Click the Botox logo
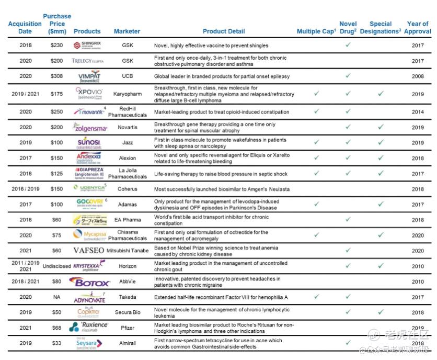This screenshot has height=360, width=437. [x=92, y=283]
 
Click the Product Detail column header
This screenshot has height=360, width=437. [x=224, y=31]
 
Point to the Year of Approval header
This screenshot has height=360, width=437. [x=418, y=27]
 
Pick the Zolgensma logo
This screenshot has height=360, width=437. [x=90, y=128]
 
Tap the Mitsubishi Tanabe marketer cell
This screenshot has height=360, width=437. [x=128, y=251]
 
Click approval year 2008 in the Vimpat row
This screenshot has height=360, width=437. [x=418, y=76]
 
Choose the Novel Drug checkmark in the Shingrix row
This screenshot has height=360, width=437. [x=348, y=46]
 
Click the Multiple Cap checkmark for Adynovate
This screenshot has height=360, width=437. [x=316, y=297]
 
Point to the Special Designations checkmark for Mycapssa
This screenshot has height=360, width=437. [x=381, y=235]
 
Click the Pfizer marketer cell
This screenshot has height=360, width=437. [x=128, y=328]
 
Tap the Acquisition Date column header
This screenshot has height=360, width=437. [x=25, y=27]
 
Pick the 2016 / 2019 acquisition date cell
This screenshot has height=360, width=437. [x=25, y=189]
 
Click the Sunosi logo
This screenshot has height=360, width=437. [x=89, y=143]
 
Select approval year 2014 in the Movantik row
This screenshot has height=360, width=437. [x=418, y=112]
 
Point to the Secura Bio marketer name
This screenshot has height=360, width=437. [x=128, y=313]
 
